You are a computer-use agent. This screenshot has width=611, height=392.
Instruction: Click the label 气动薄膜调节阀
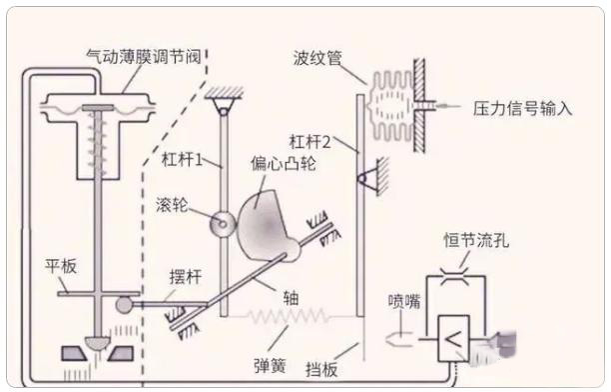point(144,57)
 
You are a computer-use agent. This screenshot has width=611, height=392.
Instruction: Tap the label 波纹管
point(317,59)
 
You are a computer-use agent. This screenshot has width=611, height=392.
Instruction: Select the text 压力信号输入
point(522,109)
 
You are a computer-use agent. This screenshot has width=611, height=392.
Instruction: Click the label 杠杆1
point(183,160)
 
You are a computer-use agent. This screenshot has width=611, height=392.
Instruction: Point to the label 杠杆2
point(309,141)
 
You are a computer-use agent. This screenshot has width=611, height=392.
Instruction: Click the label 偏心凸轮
point(284,163)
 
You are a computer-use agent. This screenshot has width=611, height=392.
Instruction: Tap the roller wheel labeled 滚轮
point(223,224)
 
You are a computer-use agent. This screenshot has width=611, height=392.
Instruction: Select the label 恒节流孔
point(476,240)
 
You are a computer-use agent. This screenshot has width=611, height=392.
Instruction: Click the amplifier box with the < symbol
point(453,339)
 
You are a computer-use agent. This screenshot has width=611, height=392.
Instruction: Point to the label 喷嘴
point(404,301)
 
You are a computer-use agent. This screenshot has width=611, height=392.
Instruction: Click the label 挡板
point(321,369)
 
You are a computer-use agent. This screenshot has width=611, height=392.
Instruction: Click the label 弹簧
point(270,366)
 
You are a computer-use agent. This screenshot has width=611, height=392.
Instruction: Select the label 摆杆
point(186,277)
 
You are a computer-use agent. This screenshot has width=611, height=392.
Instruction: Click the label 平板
point(61,267)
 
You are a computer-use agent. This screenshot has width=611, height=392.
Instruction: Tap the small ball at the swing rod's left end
point(124,305)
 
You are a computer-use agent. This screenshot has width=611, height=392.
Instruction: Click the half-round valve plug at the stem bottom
point(98,342)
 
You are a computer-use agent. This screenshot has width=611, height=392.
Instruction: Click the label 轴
point(292,299)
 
